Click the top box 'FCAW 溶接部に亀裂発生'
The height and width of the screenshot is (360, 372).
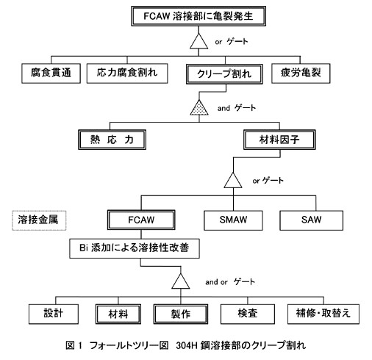(198, 16)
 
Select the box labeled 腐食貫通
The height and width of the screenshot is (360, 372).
(51, 73)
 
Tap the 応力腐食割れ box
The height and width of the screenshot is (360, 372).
(127, 73)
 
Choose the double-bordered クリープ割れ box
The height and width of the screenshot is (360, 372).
(224, 74)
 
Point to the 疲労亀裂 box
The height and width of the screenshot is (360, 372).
(301, 73)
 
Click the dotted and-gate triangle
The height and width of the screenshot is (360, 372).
(199, 108)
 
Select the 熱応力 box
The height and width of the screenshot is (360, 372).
(112, 140)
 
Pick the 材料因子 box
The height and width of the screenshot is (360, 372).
(279, 140)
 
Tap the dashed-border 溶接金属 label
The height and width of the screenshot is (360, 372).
(39, 220)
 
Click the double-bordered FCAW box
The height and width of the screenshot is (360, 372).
(141, 220)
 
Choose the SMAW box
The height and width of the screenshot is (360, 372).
(233, 220)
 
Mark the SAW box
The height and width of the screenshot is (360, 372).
(311, 220)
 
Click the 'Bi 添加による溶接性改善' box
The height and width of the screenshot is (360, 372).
(135, 248)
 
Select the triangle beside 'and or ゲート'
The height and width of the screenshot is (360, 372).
(181, 281)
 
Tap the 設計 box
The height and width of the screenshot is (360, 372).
(54, 314)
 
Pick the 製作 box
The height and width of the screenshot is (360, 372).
(181, 314)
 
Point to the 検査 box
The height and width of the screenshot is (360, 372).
(248, 314)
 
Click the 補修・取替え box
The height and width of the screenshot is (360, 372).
(323, 314)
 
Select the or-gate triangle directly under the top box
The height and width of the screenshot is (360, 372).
(198, 41)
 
